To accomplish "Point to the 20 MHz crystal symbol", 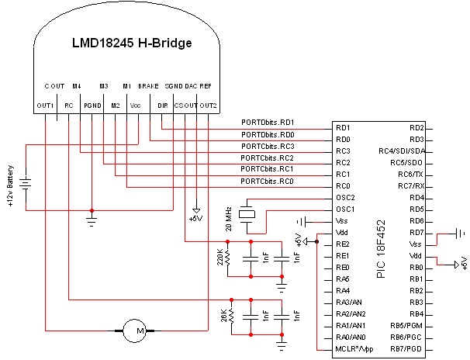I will (248, 215).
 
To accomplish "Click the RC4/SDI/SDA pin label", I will (402, 151).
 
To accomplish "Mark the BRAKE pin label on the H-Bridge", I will (148, 85).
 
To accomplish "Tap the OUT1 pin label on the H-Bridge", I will (45, 105).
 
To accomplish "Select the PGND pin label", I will (92, 105).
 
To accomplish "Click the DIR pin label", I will (162, 105).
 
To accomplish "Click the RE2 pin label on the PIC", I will (342, 244).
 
